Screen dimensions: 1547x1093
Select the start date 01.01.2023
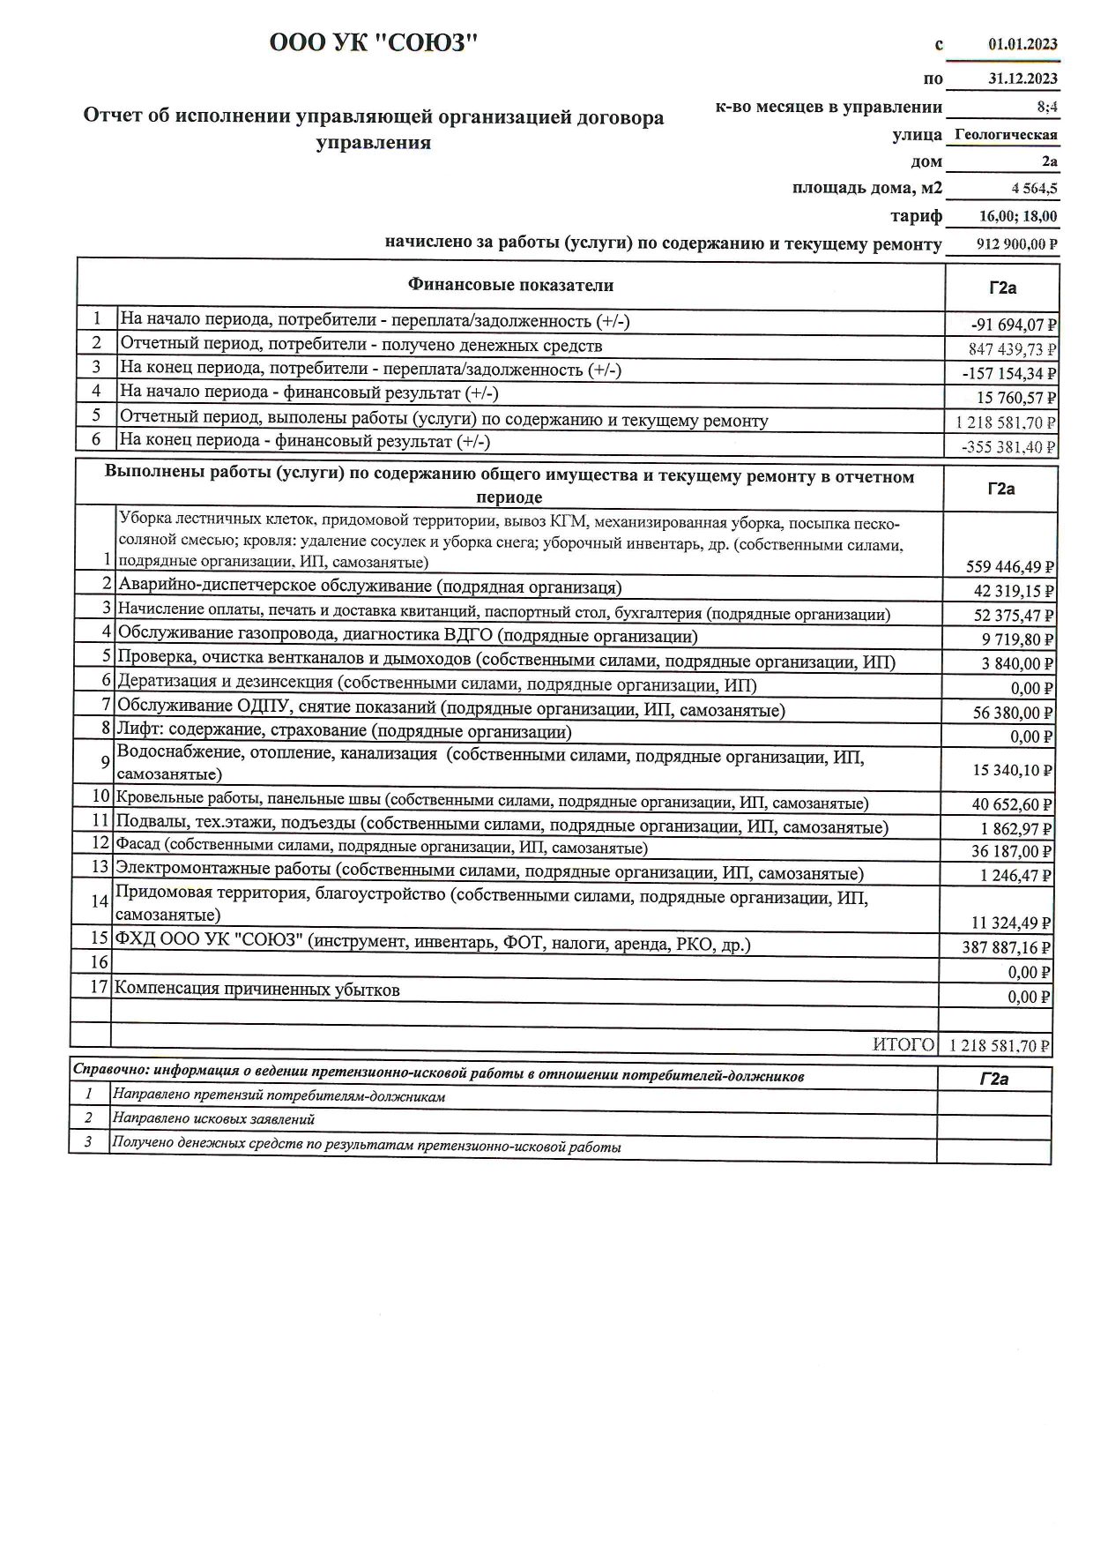click(x=1022, y=44)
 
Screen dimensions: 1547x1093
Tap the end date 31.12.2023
click(x=1022, y=78)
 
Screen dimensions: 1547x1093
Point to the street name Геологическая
click(x=1006, y=135)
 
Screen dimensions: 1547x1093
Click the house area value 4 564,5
click(x=1035, y=188)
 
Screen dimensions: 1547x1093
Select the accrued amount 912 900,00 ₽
click(x=1017, y=244)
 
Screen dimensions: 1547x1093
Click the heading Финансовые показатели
click(x=510, y=285)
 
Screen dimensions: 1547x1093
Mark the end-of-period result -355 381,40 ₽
click(x=1008, y=447)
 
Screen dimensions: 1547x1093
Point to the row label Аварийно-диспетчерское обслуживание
click(x=369, y=587)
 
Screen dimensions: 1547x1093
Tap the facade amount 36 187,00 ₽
click(x=1011, y=851)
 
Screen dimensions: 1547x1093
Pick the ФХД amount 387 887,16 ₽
click(x=1007, y=948)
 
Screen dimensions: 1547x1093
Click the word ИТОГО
click(x=903, y=1045)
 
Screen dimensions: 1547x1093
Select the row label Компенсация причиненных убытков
click(x=257, y=990)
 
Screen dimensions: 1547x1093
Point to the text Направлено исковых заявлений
click(x=213, y=1119)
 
